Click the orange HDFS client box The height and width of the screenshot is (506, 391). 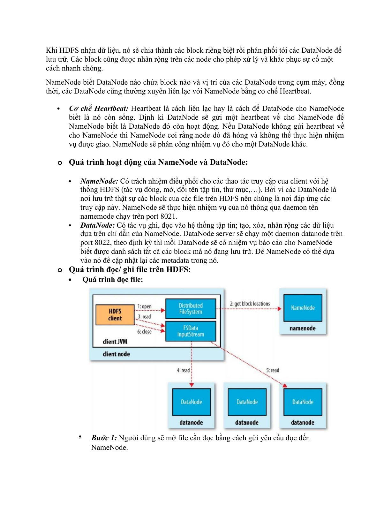[x=115, y=315]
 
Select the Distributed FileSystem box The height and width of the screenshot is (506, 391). [x=191, y=309]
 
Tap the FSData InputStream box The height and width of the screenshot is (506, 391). [x=191, y=331]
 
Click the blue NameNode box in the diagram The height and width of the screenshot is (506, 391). [x=303, y=308]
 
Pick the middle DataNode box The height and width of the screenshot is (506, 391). [x=247, y=402]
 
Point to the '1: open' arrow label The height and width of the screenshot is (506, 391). [x=145, y=306]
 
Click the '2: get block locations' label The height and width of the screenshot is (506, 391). [x=250, y=304]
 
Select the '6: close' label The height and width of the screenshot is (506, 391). [x=144, y=332]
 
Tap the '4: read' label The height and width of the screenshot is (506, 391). [x=183, y=370]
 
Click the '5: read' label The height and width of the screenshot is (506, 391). [x=273, y=370]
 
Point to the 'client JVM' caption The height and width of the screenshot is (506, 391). [x=115, y=342]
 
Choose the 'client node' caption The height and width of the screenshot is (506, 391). [x=116, y=354]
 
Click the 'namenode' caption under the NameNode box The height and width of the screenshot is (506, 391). [x=303, y=328]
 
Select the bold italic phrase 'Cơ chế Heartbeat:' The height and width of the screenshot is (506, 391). [x=99, y=109]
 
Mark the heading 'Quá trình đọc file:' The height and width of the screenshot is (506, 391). [x=113, y=280]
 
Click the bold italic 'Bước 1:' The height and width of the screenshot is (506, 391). [x=104, y=438]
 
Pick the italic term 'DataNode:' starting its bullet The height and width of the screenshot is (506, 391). [x=97, y=225]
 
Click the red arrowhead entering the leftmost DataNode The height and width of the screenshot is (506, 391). [x=192, y=385]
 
